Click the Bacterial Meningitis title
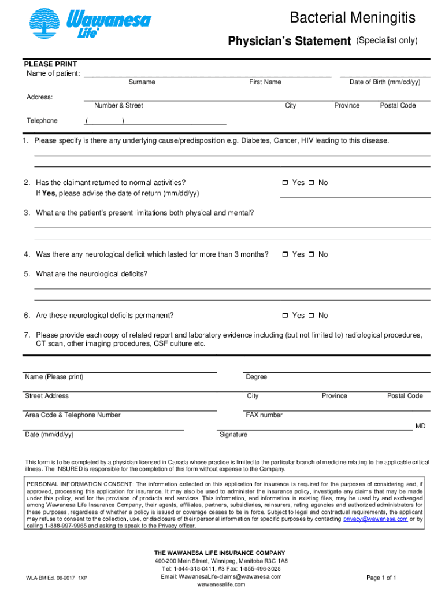point(353,18)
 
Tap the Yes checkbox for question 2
point(285,183)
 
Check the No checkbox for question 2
point(311,183)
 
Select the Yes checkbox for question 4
point(285,255)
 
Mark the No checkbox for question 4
point(311,255)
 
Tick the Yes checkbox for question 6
point(285,316)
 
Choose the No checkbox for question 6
point(311,316)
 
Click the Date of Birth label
point(384,82)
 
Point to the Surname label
point(142,82)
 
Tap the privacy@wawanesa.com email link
point(375,519)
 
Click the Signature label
point(233,435)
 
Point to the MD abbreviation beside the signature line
point(420,426)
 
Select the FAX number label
point(264,415)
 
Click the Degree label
point(257,377)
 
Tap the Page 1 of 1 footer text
point(381,578)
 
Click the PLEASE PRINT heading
point(50,64)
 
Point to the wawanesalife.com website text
point(221,584)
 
